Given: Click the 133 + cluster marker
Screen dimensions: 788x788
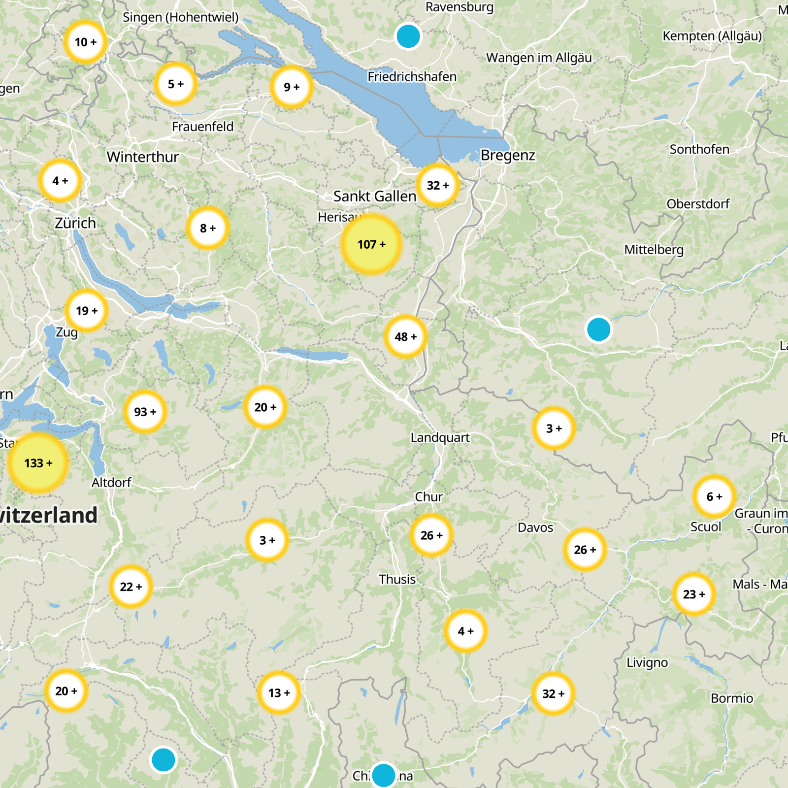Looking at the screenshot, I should tap(38, 463).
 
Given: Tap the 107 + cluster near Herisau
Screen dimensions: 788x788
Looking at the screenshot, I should tap(371, 244).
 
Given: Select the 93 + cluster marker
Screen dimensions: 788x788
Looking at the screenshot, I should tap(145, 412).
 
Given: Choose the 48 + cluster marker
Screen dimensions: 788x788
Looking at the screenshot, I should tap(405, 337).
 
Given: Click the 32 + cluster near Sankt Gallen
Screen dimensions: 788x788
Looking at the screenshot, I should tap(437, 185).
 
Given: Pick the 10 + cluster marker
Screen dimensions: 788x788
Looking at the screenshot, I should tap(85, 42).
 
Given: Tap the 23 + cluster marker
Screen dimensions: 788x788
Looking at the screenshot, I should tap(694, 594).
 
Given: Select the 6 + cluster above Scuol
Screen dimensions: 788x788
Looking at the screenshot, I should tap(714, 496).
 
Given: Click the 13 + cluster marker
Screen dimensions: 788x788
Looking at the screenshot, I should tap(279, 693).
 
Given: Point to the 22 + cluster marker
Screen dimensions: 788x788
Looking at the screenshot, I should tap(131, 587).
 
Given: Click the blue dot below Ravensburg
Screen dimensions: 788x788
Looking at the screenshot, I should tap(408, 36).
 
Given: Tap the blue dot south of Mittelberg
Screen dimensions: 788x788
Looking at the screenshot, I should tap(598, 329).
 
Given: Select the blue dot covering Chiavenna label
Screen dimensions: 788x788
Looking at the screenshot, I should tap(384, 775).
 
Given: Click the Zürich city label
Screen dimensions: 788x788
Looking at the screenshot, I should tap(75, 223).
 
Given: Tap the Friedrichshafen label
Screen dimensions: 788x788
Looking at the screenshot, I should tap(412, 77).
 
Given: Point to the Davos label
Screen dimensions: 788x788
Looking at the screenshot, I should tap(535, 527).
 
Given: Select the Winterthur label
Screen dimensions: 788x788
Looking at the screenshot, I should tap(143, 157).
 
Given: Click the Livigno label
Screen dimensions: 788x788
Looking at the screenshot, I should tap(647, 663).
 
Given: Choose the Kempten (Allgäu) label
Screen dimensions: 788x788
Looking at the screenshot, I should tap(712, 36).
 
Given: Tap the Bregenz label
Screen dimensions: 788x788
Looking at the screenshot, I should tap(508, 156).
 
